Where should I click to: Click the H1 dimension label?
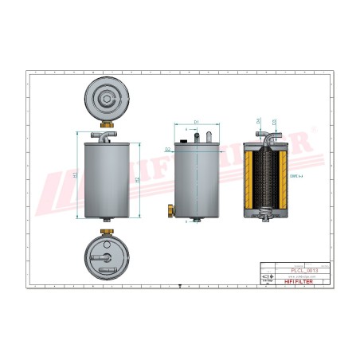click(x=74, y=174)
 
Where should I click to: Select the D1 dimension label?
click(x=196, y=123)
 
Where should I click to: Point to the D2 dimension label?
click(x=166, y=149)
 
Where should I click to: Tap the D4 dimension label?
click(x=258, y=122)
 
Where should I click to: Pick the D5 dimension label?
click(x=275, y=122)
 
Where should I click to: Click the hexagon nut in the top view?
click(x=106, y=99)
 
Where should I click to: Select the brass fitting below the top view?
click(x=106, y=124)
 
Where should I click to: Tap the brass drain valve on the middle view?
click(x=170, y=210)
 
